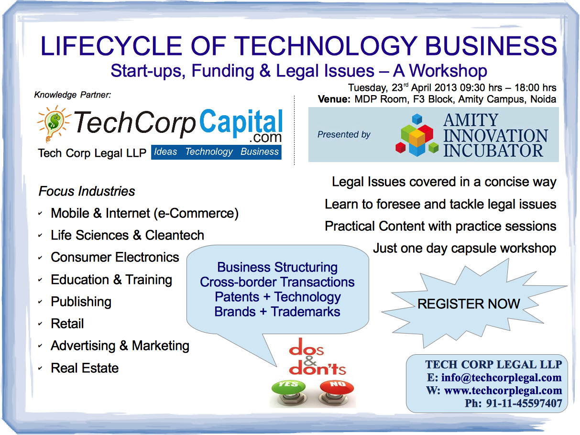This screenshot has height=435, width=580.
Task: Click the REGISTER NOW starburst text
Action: point(469,304)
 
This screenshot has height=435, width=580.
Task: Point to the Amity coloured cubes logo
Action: point(417,135)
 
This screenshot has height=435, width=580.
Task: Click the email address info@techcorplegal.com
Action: point(501,378)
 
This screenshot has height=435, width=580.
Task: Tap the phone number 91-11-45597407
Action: point(524,403)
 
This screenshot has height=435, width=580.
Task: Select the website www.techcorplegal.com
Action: point(503,391)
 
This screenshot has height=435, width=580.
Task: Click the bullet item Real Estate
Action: point(85,368)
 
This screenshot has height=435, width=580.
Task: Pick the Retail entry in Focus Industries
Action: point(67,324)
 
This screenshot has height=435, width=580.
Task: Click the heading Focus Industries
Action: point(87,191)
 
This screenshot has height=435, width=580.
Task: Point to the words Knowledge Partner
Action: point(72,95)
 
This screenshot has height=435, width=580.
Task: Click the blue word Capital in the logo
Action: point(241,123)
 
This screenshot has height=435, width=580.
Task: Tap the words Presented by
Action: point(344,134)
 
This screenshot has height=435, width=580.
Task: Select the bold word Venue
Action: point(334,99)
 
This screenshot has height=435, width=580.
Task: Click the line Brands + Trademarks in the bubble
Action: point(277,312)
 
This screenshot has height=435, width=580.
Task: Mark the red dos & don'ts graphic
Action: point(317,357)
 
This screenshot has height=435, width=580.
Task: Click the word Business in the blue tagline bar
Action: point(260,152)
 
